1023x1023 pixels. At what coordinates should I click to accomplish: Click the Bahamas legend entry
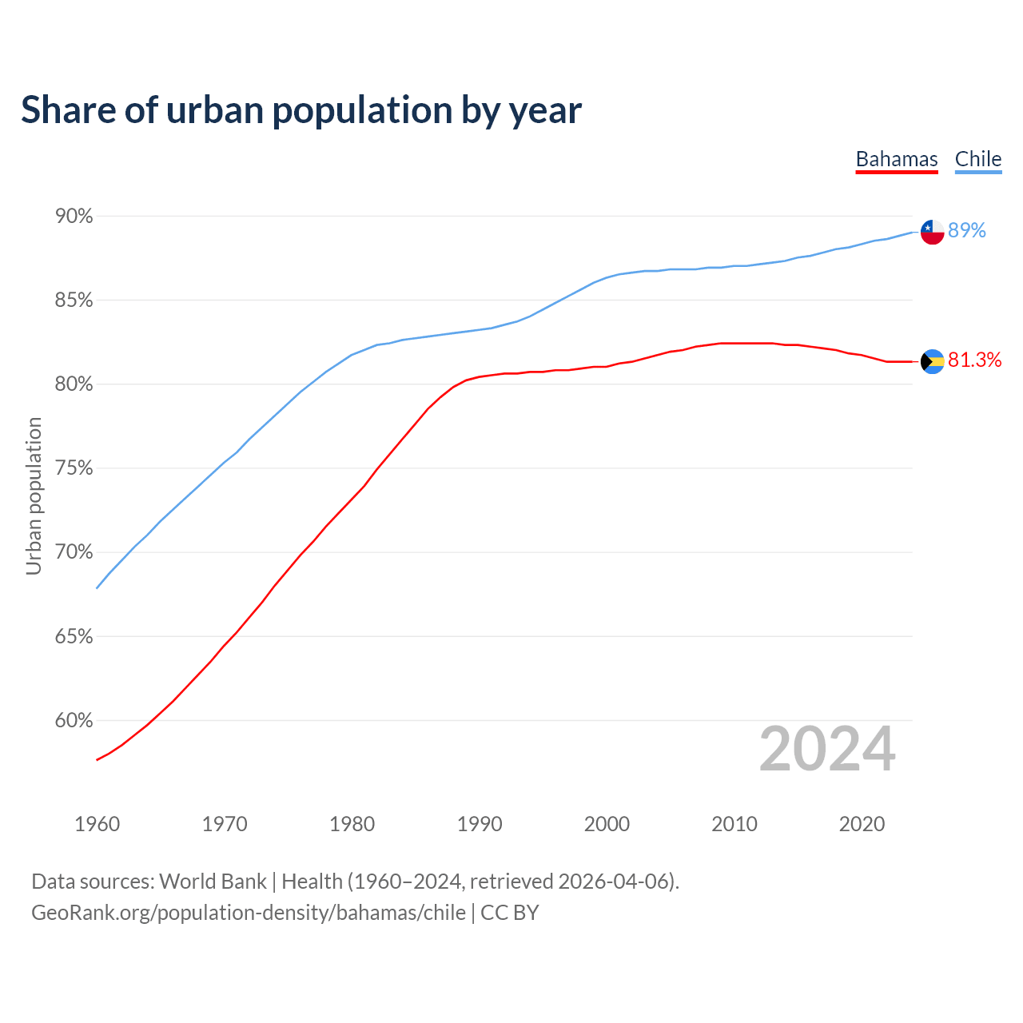click(x=896, y=159)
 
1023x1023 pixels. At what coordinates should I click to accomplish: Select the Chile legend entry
click(x=977, y=159)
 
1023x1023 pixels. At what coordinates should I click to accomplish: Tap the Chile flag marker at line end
click(x=932, y=232)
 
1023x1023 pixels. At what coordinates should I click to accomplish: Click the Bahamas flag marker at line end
click(x=932, y=361)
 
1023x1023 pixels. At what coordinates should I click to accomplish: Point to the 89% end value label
click(x=967, y=231)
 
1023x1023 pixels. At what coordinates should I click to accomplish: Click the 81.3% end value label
click(x=974, y=360)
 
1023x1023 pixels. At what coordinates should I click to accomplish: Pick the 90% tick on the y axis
click(x=74, y=217)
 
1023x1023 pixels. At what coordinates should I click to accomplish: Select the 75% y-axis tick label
click(x=74, y=468)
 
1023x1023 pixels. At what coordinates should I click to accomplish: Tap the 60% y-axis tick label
click(x=74, y=721)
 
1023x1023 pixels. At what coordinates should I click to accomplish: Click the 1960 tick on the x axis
click(x=97, y=824)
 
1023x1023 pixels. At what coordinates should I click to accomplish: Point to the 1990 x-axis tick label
click(x=480, y=824)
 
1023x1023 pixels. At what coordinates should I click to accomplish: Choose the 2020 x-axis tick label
click(x=862, y=824)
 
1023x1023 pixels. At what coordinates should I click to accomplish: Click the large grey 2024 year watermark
click(x=827, y=750)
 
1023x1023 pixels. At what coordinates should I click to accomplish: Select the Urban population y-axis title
click(x=34, y=496)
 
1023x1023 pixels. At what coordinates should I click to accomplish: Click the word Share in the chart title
click(x=67, y=110)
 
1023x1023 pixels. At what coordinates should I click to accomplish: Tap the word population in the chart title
click(x=362, y=110)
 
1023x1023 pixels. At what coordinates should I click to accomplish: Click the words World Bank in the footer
click(x=213, y=882)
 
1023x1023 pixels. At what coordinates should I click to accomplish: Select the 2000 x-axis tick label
click(x=607, y=824)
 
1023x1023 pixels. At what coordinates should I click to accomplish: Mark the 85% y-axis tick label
click(x=74, y=301)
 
